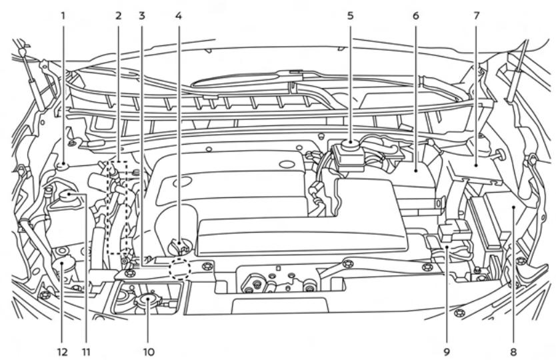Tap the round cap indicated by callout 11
click(x=68, y=196)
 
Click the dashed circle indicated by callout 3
click(x=180, y=269)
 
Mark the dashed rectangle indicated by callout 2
click(x=117, y=207)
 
